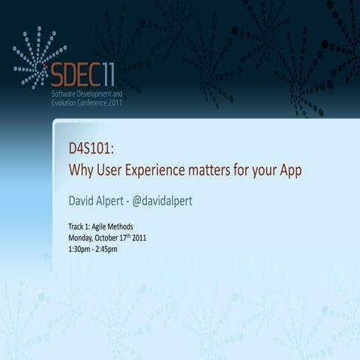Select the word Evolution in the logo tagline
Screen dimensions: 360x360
click(64, 103)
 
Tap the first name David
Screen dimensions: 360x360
click(84, 200)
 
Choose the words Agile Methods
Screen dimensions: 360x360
click(115, 226)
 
